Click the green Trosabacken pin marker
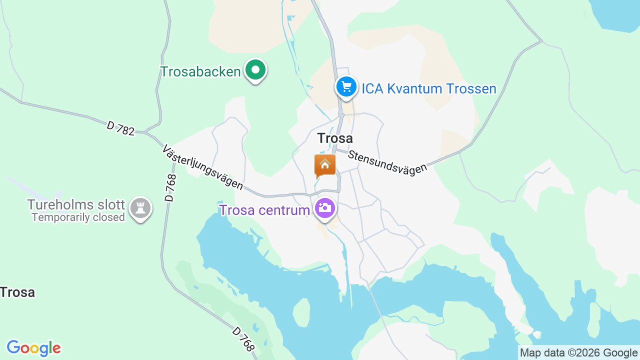tap(255, 70)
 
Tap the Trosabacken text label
tap(200, 71)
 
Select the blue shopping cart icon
tap(346, 87)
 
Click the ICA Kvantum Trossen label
tap(429, 89)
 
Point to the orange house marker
tap(325, 165)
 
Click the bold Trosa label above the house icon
tap(335, 138)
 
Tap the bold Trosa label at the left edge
tap(17, 292)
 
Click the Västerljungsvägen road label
tap(202, 167)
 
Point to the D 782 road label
tap(120, 128)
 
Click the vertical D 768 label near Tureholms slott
tap(170, 187)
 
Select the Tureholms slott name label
tap(76, 204)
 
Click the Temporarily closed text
tap(78, 217)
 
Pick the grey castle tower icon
tap(140, 208)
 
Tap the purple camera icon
tap(325, 207)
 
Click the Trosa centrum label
tap(264, 210)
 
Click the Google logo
tap(33, 348)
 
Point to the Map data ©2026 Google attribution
tap(578, 352)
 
